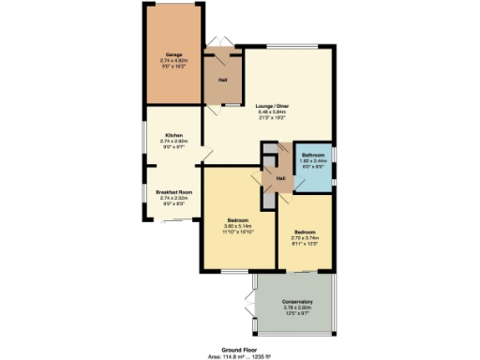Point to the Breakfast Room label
[x=173, y=191]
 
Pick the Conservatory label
[x=298, y=302]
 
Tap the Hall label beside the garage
[x=223, y=80]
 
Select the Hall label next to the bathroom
[x=280, y=176]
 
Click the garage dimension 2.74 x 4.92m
[x=173, y=61]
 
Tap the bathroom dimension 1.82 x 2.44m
[x=312, y=160]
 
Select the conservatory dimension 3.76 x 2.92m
[x=298, y=307]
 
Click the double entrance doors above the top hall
[x=221, y=40]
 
